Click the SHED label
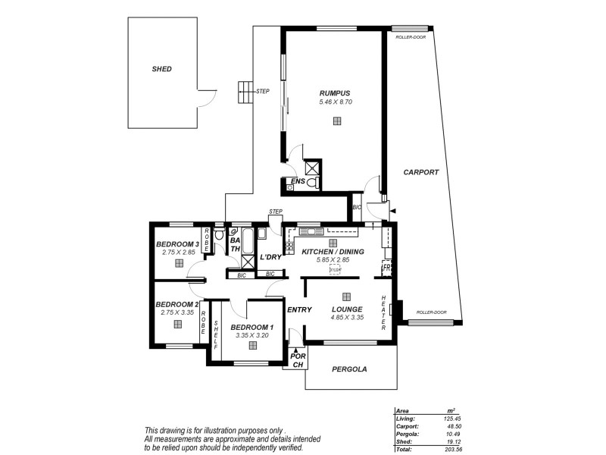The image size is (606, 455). coord(162,69)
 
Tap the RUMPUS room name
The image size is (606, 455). coord(334,93)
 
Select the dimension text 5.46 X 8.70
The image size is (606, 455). coord(336,102)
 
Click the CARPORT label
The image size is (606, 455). coord(420,172)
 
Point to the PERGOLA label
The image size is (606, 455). coord(349,370)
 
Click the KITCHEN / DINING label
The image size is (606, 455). coord(333,251)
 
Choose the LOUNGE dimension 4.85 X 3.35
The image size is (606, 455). coord(347,318)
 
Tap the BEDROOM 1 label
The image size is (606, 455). coord(252,326)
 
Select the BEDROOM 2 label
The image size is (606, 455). coord(176,303)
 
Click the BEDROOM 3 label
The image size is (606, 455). coord(177,243)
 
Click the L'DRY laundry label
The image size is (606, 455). coord(270,258)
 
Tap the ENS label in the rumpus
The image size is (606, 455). coord(298,181)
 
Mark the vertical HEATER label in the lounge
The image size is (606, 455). coord(384,312)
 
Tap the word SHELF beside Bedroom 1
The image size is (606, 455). coord(215,335)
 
